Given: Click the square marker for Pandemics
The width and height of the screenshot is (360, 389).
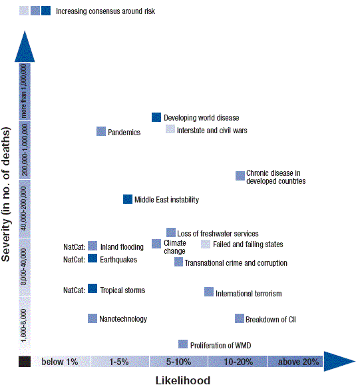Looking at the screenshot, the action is pos(101,131).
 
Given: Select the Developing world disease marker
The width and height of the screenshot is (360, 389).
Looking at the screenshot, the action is pos(156,117).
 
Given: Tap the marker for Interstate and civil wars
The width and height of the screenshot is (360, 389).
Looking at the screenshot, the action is pos(170,129).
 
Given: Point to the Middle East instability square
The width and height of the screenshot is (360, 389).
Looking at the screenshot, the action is pos(128,199).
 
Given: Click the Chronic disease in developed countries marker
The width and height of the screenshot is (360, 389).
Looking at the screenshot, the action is pos(240,176).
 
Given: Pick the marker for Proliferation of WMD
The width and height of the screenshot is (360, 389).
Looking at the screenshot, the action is pos(183,344).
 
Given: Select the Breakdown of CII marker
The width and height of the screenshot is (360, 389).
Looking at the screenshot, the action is pos(240,318).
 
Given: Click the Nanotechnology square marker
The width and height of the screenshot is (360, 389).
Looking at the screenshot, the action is pos(92,318).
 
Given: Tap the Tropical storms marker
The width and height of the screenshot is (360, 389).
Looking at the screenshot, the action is pos(92,288).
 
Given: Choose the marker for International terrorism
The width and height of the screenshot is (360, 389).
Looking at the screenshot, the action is pos(209,292).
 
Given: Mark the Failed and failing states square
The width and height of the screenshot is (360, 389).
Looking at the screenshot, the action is pos(206,244).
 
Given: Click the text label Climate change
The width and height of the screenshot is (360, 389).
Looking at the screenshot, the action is pos(174,247).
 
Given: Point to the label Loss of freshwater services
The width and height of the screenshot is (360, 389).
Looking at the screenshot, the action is pos(218,234).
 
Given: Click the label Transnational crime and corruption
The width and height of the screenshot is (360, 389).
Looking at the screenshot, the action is pos(236,263).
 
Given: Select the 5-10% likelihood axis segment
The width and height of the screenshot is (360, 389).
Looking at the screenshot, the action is pos(178,362).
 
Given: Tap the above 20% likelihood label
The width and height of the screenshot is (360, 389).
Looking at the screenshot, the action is pos(299,362).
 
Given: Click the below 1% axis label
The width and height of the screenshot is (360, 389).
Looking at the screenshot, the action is pos(60,362).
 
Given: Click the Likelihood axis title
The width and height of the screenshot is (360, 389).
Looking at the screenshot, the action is pos(183,380).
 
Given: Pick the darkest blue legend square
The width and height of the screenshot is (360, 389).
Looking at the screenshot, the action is pos(46,11).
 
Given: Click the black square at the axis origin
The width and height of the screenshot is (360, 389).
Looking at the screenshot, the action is pos(25,362).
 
